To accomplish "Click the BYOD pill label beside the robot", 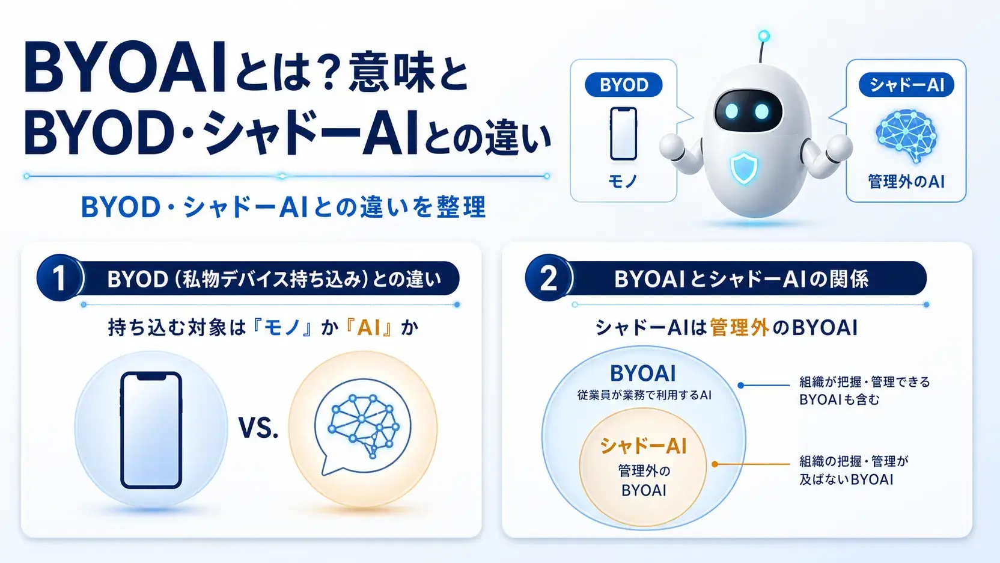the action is (x=624, y=84).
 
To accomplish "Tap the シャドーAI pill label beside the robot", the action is (x=906, y=84).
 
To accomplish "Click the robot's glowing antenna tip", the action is (x=764, y=35).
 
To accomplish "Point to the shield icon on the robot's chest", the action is (x=744, y=168).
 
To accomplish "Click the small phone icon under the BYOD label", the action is (x=623, y=134).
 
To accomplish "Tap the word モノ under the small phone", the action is (x=623, y=182).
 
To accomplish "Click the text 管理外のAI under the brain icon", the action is (x=906, y=182).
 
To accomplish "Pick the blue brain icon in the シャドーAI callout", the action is (x=906, y=135).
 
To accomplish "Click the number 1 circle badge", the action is (x=59, y=278).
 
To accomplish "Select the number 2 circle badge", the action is (x=547, y=278).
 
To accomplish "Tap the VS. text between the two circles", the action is (x=258, y=428).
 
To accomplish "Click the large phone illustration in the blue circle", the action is (x=151, y=430).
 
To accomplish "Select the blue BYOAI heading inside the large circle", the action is (x=643, y=374).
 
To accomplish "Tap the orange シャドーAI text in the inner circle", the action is (x=643, y=446).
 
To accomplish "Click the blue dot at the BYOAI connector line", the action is (x=740, y=385).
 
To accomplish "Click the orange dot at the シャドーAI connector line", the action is (x=715, y=464).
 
